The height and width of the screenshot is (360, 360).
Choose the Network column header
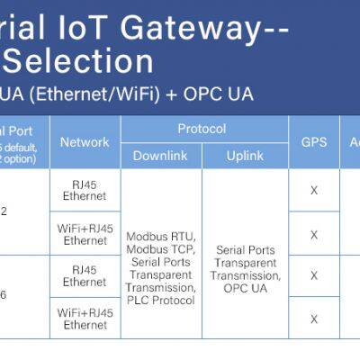(85, 142)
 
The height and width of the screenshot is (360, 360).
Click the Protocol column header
(202, 129)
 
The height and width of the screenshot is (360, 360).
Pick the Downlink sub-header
(160, 156)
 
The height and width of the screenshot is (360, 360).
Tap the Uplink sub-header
(245, 156)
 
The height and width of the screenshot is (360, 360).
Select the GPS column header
(314, 142)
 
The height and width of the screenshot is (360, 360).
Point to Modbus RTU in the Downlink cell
(161, 237)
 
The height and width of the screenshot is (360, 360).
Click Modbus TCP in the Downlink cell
(161, 248)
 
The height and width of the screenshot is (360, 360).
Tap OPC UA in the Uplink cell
(245, 288)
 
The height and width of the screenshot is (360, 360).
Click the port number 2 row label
(4, 211)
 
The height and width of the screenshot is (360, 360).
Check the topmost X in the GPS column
(314, 191)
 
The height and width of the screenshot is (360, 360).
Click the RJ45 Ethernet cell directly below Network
(85, 191)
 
